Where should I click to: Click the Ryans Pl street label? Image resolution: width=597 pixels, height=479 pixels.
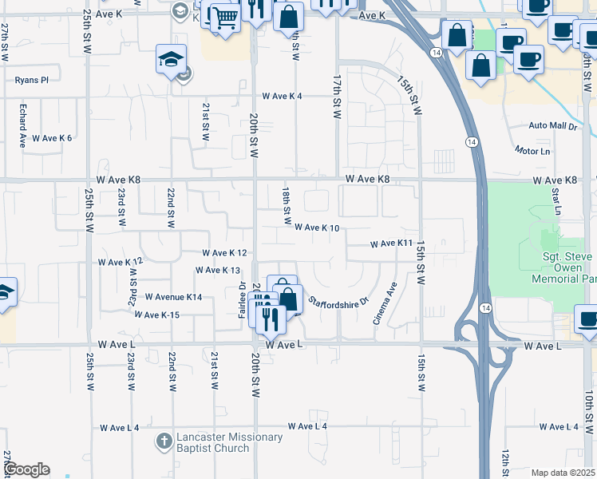(32, 80)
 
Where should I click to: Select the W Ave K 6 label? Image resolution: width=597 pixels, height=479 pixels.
(52, 138)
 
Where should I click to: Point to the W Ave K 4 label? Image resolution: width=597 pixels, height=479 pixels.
(283, 97)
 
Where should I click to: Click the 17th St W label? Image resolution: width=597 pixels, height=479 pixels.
(337, 99)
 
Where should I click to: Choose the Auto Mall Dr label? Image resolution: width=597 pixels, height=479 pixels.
(552, 126)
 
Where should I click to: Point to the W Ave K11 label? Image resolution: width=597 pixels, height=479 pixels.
(390, 243)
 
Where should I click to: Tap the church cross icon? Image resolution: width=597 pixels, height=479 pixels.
(164, 441)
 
